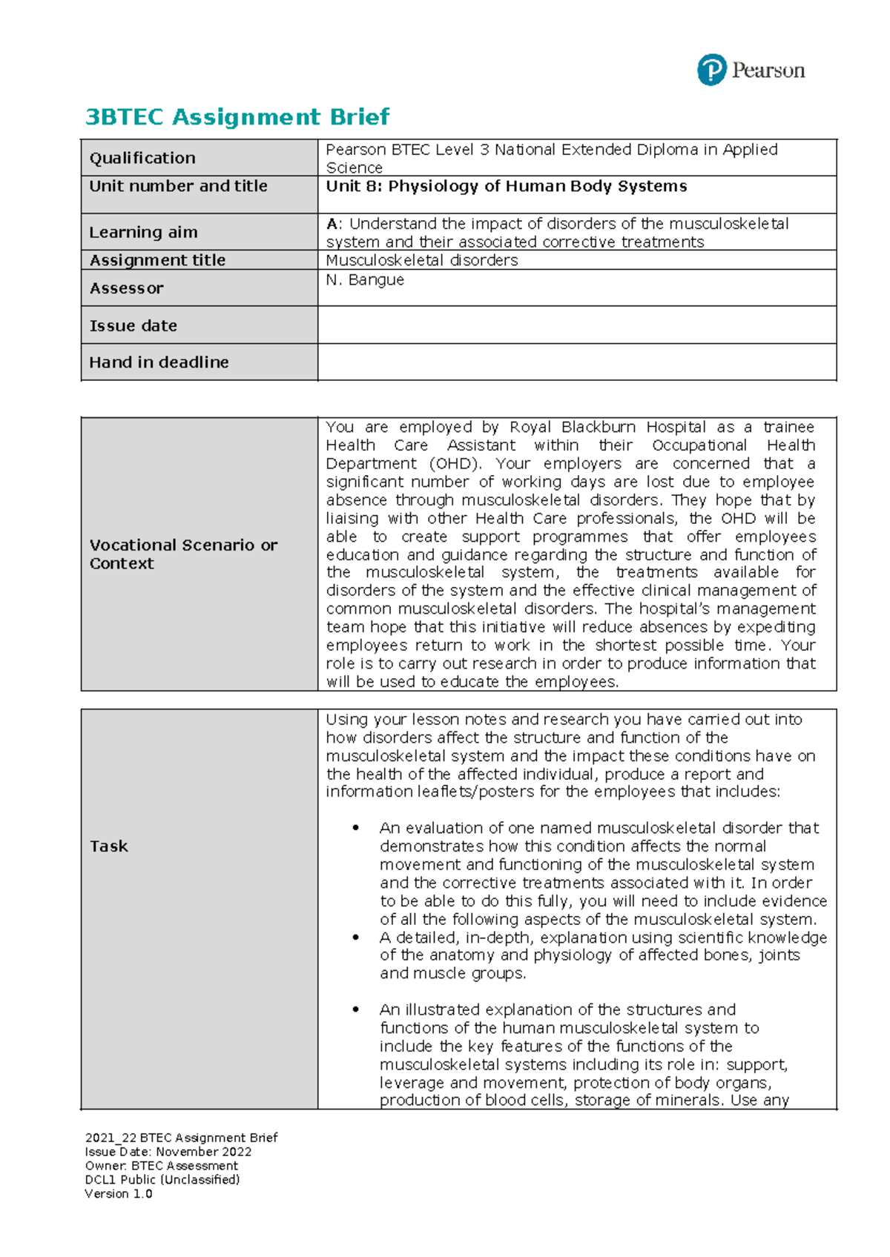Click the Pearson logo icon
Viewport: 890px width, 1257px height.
[x=711, y=70]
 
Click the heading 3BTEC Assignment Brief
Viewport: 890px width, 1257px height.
[x=237, y=117]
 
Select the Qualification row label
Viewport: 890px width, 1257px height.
[x=142, y=158]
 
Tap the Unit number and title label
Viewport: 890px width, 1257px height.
[x=178, y=186]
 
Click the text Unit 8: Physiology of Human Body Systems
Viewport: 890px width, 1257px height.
[x=506, y=186]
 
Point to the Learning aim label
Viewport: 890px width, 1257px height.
[x=143, y=232]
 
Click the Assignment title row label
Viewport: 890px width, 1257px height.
[x=157, y=260]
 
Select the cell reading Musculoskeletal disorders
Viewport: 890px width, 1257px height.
[x=421, y=260]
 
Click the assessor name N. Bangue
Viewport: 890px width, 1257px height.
[x=365, y=279]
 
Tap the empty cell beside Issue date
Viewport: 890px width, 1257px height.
[x=576, y=325]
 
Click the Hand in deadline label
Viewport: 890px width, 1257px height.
[x=159, y=362]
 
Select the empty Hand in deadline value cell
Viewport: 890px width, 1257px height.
[x=576, y=362]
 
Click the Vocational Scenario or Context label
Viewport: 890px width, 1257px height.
[x=183, y=554]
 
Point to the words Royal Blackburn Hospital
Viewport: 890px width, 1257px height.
[x=607, y=427]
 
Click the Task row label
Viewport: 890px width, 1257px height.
[x=108, y=846]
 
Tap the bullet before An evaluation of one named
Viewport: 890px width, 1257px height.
[x=356, y=828]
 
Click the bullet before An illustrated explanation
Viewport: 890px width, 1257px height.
[x=356, y=1009]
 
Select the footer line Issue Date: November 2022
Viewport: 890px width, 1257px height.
[x=168, y=1152]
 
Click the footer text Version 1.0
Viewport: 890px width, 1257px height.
[x=119, y=1194]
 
